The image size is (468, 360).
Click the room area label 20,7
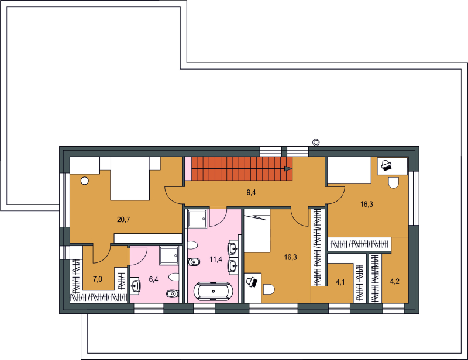(123, 220)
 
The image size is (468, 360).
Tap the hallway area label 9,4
(251, 192)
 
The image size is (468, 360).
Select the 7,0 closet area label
(98, 279)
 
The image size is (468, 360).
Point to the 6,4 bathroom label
(153, 279)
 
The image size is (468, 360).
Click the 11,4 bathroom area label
(215, 259)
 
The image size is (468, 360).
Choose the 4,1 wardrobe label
(340, 282)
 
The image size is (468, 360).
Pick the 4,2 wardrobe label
(394, 281)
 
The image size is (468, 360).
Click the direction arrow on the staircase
(288, 169)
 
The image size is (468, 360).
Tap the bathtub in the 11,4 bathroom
(213, 290)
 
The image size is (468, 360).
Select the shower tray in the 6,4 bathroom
(169, 255)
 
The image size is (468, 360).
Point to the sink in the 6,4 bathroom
(136, 286)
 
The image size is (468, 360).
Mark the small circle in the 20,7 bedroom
(85, 181)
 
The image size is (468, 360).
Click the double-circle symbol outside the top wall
(316, 142)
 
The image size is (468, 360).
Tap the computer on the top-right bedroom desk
(386, 165)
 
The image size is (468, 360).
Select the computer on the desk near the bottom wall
(252, 282)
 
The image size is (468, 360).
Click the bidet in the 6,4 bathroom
(173, 294)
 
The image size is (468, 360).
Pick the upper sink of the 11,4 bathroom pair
(232, 248)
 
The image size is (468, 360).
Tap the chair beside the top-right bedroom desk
(394, 182)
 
